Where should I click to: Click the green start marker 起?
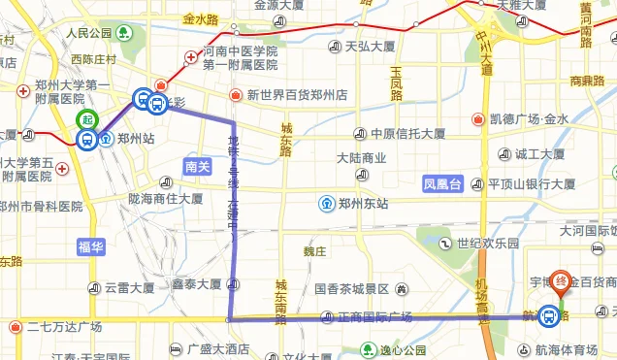(87, 119)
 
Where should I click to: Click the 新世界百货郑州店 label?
(297, 95)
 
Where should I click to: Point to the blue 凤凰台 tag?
(443, 182)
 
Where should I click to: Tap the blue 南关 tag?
(198, 167)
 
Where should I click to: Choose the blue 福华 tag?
(90, 247)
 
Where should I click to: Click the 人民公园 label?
(90, 33)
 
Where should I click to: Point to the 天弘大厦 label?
(370, 46)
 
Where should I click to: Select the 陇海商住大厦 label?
(166, 199)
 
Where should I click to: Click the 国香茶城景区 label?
(350, 289)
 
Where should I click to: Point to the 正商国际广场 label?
(374, 317)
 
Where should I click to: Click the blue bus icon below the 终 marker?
(550, 315)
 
